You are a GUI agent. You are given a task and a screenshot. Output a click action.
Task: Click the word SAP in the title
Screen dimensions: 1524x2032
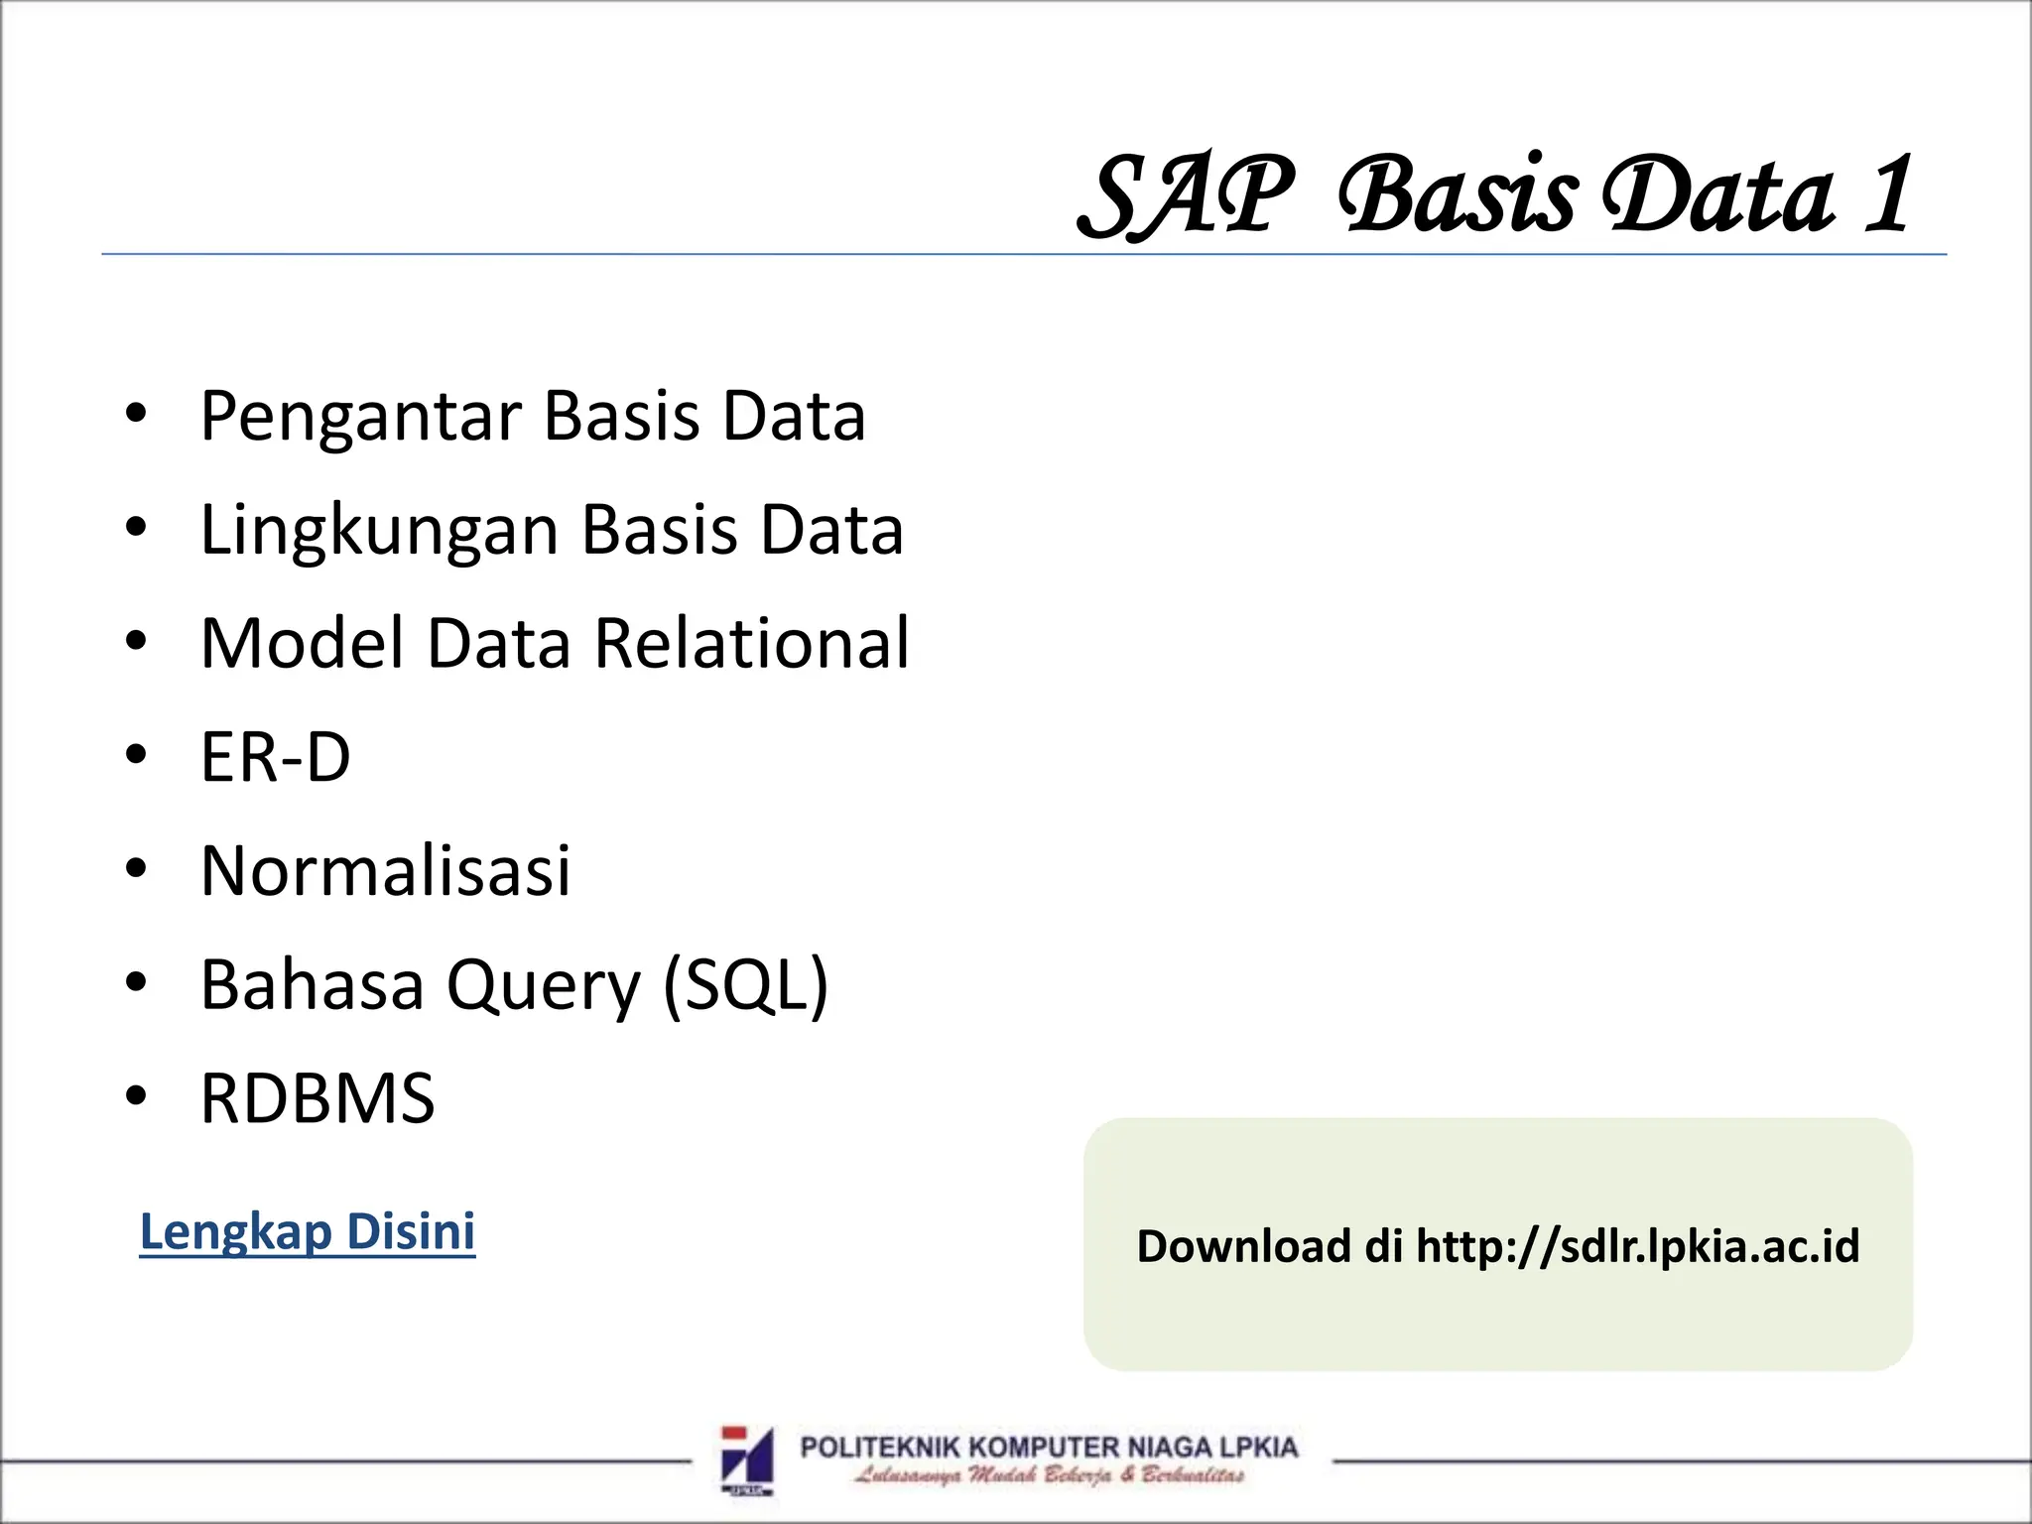pos(1187,196)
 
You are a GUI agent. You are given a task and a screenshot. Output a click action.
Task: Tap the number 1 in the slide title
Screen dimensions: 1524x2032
pos(1888,196)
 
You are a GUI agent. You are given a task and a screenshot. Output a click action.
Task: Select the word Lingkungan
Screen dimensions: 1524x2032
pos(380,531)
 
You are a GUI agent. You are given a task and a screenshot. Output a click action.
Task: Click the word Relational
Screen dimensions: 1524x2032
pos(751,644)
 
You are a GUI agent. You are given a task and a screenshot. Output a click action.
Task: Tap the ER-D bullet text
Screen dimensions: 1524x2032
pos(276,758)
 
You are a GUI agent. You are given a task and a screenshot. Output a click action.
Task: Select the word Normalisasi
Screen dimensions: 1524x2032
pos(386,871)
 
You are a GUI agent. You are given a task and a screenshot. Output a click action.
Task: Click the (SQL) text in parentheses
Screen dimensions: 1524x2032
pos(745,985)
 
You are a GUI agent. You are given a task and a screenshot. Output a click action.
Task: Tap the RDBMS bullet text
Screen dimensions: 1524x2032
pos(317,1099)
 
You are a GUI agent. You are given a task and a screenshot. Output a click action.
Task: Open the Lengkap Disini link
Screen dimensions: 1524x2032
pos(308,1231)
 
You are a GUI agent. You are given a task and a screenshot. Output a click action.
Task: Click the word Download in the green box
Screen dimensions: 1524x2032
pos(1243,1246)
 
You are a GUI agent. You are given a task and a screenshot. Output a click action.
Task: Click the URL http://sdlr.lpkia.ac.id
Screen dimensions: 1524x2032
pos(1637,1246)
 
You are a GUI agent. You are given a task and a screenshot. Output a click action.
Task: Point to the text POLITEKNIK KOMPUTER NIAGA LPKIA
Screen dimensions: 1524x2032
pos(1049,1448)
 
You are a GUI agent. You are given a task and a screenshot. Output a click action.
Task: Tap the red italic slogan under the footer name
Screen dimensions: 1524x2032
pos(1049,1475)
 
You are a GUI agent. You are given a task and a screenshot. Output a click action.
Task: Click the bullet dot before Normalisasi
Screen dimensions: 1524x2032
pos(136,869)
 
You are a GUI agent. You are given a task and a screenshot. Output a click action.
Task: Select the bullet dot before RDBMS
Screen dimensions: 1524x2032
pos(136,1097)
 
